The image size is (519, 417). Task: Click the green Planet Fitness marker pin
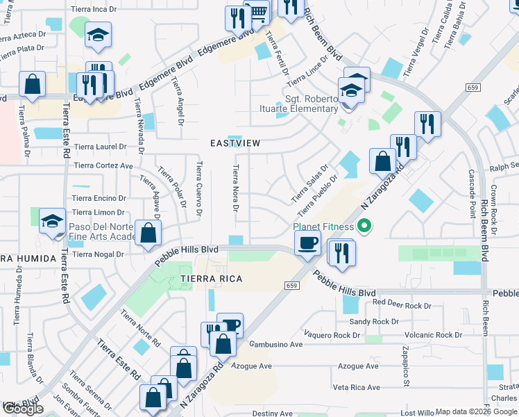(x=364, y=227)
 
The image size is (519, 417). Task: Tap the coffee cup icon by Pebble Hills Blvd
(x=307, y=243)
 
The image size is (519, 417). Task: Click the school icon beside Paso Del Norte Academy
(x=52, y=222)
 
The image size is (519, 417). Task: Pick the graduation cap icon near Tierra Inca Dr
(x=98, y=34)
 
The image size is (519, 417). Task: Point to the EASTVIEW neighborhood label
(x=236, y=143)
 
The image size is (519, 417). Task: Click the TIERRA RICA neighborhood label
(x=212, y=279)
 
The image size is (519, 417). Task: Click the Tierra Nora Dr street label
(x=236, y=188)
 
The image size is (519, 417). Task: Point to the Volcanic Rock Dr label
(x=435, y=335)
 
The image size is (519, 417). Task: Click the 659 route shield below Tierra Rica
(x=292, y=286)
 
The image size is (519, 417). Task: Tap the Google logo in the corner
(x=22, y=409)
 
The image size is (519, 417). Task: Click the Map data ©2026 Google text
(x=476, y=411)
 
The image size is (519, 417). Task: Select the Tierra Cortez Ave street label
(x=103, y=166)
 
